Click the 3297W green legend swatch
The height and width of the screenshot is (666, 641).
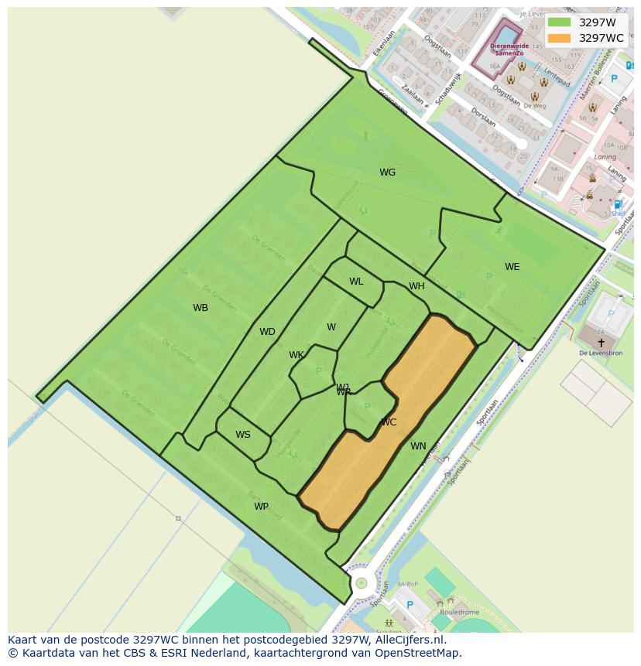pos(559,22)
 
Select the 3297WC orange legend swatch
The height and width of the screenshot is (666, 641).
pos(559,38)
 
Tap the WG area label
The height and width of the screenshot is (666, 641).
pos(387,172)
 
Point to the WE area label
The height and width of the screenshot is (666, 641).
pos(512,267)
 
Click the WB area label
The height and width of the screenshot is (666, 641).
pos(201,308)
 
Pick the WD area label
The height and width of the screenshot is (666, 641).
pos(267,332)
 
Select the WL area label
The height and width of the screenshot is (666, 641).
pos(356,282)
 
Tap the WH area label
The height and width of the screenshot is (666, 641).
pos(416,286)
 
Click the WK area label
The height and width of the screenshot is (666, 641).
pos(297,355)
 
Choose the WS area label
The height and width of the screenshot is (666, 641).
pos(243,435)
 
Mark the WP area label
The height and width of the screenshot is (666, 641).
pos(262,507)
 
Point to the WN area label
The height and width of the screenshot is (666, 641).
pos(418,446)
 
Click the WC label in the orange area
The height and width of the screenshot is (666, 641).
pos(389,422)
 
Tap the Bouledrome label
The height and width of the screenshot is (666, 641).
pos(459,613)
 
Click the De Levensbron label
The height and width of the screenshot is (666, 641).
pos(601,353)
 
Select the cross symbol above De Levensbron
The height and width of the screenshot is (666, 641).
pos(601,342)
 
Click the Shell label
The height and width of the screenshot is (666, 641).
pos(618,213)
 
